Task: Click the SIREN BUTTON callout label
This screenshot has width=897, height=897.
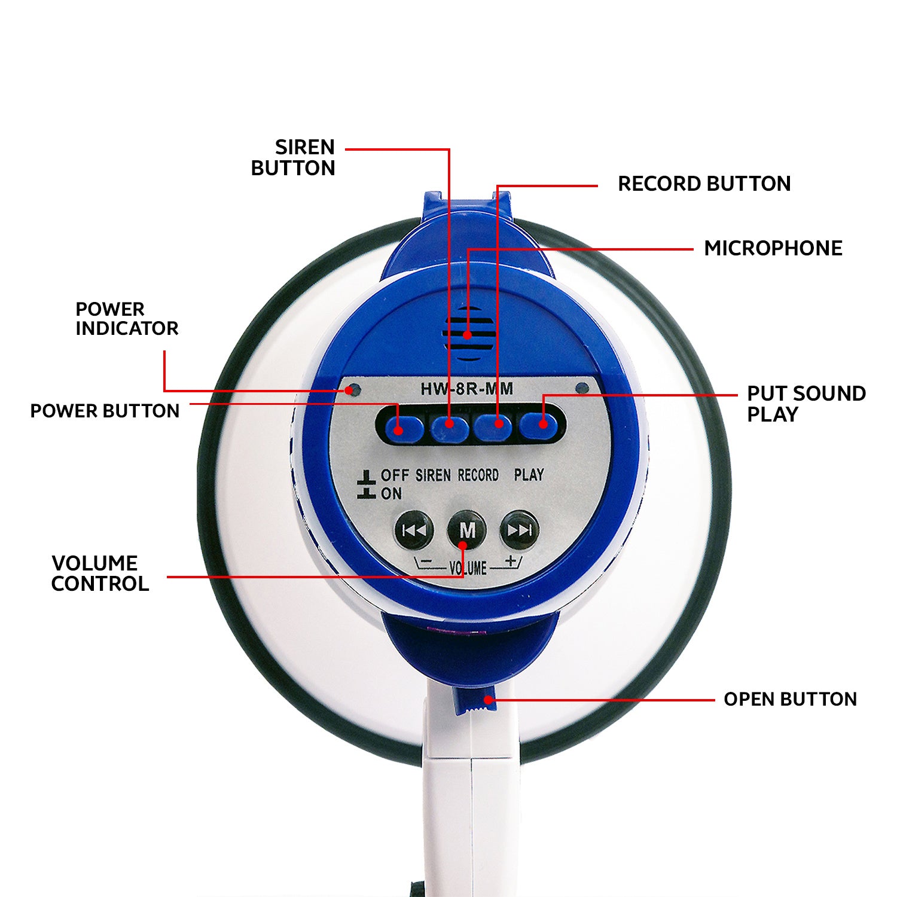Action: pos(293,158)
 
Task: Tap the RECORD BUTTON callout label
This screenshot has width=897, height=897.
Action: pos(704,184)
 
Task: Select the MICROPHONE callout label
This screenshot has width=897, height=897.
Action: pos(773,248)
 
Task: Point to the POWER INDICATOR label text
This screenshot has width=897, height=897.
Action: pos(127,319)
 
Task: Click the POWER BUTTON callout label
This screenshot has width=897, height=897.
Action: pos(105,411)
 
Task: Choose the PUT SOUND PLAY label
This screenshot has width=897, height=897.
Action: pos(806,404)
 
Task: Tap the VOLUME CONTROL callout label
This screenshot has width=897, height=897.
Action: pos(100,573)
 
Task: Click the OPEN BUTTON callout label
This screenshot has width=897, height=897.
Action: pos(790,699)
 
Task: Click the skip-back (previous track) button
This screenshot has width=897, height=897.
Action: pos(414,530)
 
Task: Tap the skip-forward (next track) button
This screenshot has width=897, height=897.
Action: pos(519,530)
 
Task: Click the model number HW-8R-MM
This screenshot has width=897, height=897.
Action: pos(466,389)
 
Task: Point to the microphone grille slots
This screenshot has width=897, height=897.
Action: pos(468,334)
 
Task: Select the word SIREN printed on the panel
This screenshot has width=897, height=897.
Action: pos(433,475)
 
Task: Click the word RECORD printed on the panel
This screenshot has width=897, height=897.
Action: pos(478,475)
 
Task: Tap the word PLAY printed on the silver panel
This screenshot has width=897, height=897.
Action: pos(529,475)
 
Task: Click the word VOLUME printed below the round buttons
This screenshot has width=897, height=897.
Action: pos(468,568)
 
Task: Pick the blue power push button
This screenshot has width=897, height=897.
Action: pos(403,427)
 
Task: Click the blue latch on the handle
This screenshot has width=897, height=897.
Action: pos(475,701)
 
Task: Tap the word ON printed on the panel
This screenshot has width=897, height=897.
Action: pos(392,494)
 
